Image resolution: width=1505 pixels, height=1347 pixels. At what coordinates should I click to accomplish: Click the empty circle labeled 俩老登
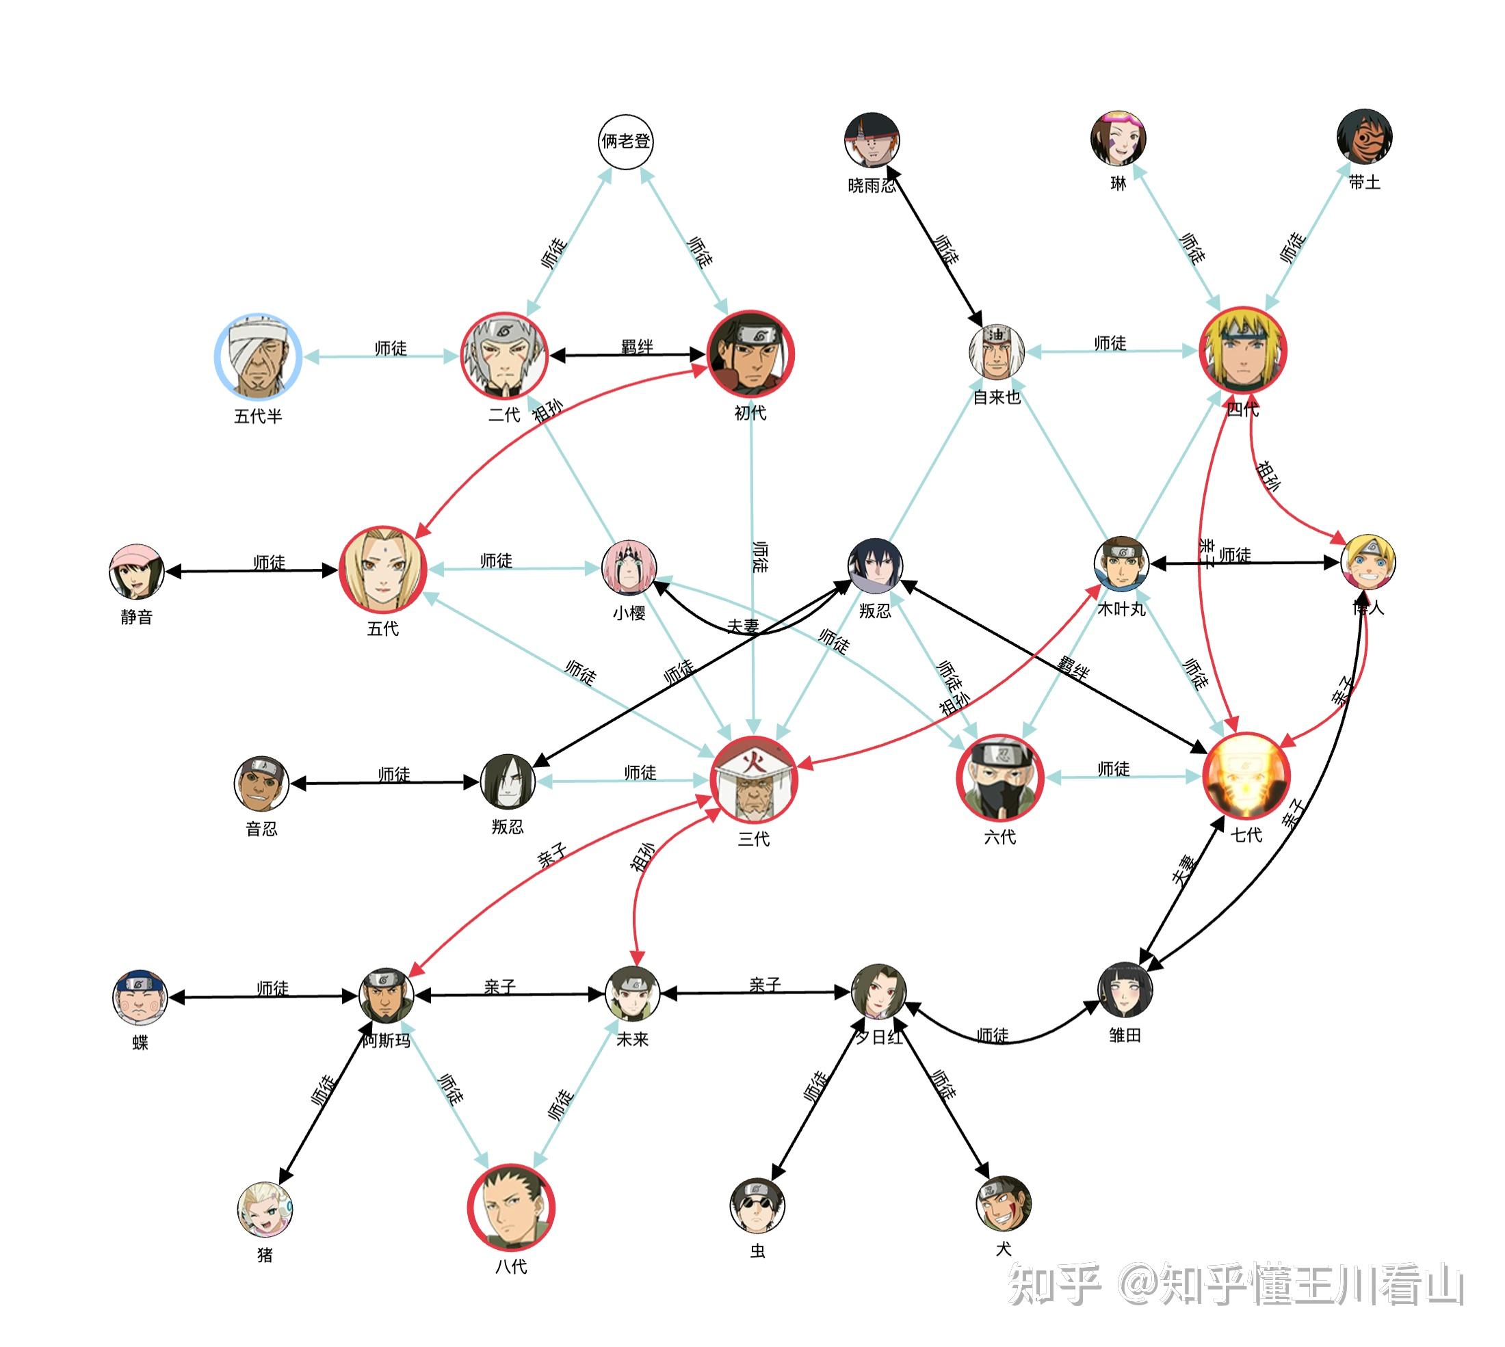coord(625,142)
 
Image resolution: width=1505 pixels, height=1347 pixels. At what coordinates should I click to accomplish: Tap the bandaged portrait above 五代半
coord(258,357)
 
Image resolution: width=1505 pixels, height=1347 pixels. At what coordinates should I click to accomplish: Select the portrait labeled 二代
coord(504,356)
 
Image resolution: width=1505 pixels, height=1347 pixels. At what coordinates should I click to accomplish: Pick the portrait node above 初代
coord(750,354)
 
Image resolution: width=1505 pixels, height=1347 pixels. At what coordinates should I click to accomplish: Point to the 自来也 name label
coord(997,397)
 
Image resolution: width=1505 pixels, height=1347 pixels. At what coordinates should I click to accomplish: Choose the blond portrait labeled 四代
coord(1243,350)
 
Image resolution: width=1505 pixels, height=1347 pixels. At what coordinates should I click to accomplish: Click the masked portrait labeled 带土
coord(1364,137)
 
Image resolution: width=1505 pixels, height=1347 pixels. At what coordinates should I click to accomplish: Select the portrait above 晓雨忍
coord(872,141)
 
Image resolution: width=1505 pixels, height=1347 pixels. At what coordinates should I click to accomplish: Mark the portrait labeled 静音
coord(136,572)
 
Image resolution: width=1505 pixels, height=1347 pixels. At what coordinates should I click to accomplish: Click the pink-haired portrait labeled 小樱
coord(629,568)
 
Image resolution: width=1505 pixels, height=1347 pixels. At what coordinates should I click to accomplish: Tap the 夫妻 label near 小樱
coord(742,626)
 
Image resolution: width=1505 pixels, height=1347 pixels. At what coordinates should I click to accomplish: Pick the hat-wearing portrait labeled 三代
coord(754,779)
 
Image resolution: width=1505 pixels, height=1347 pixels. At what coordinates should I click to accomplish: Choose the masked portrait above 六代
coord(999,778)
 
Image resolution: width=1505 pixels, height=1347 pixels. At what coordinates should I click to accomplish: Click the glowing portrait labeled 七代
coord(1246,776)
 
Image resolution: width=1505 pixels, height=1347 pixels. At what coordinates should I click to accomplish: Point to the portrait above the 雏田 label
coord(1125,990)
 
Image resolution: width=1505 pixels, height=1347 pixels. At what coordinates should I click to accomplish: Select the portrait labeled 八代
coord(511,1208)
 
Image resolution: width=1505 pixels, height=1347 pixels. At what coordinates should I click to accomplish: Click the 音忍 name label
coord(261,829)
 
